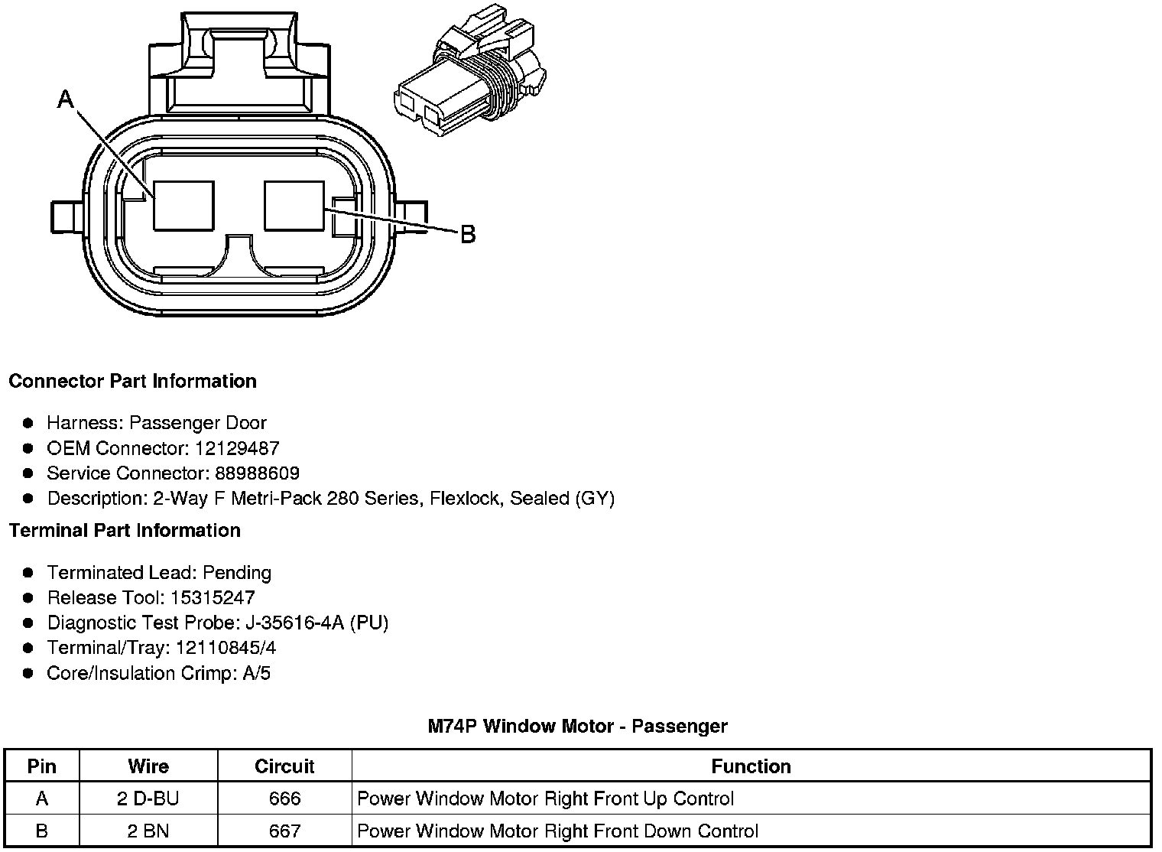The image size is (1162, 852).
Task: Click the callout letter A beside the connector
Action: (67, 99)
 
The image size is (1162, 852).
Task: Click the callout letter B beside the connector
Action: (468, 234)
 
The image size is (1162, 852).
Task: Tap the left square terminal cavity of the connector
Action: (183, 206)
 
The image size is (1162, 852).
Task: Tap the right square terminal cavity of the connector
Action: (294, 206)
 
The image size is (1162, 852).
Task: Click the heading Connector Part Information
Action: (132, 381)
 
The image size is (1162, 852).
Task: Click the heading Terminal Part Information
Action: (125, 530)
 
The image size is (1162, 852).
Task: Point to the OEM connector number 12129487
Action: (237, 448)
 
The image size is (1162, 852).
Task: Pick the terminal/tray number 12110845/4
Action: (226, 648)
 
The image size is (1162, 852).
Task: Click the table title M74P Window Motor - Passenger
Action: (577, 726)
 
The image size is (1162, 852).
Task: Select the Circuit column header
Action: (284, 766)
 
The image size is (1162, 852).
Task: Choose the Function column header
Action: (751, 766)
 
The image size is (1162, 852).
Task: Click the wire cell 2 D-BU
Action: (148, 799)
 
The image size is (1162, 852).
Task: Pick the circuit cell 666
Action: (284, 799)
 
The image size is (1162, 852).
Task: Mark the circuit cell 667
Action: (284, 831)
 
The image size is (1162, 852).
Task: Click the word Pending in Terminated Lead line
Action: (237, 573)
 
